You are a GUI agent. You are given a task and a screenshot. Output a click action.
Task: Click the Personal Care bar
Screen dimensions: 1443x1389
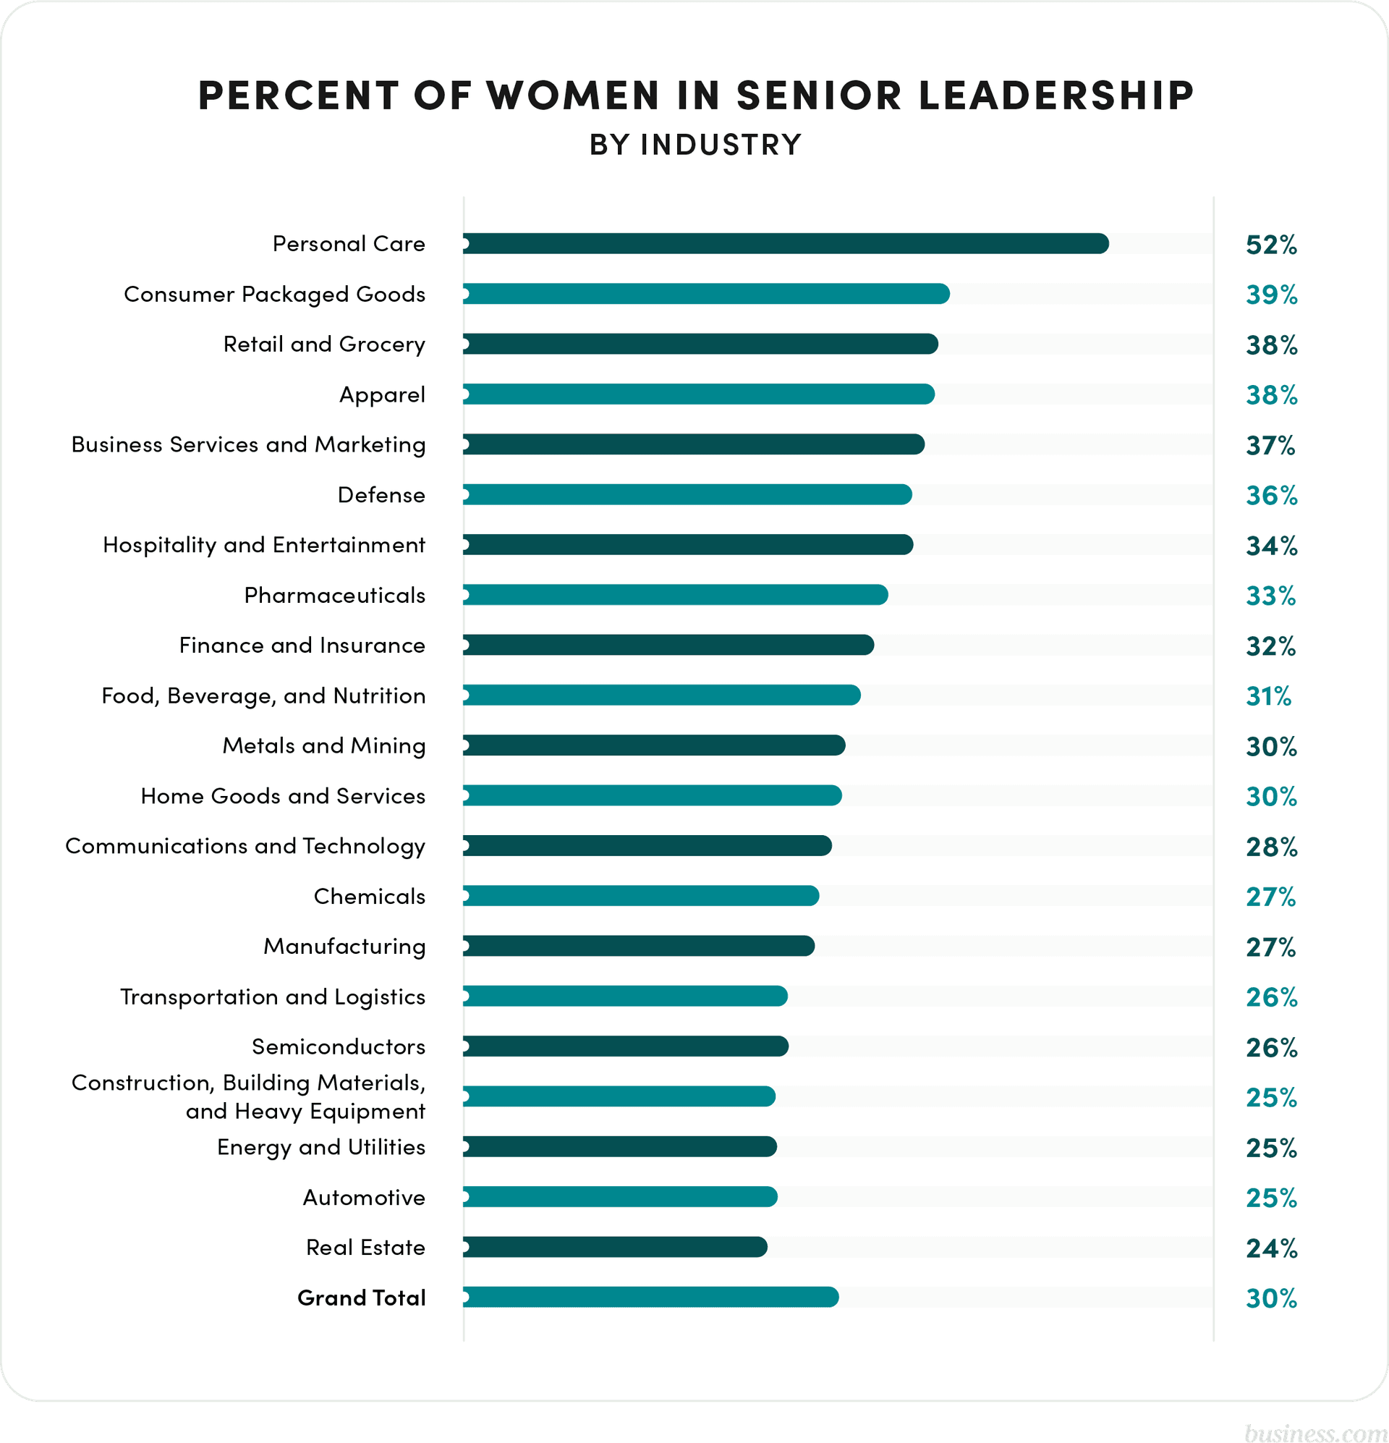786,244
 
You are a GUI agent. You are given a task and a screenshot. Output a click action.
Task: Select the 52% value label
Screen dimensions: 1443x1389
1271,245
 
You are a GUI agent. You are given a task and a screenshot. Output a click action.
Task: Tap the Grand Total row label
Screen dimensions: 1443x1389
362,1298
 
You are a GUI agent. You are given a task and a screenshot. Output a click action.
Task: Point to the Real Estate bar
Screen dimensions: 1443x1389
616,1247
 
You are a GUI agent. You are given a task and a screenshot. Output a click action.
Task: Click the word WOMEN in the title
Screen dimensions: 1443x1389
573,96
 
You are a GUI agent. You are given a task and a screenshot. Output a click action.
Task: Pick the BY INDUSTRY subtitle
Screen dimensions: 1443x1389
695,145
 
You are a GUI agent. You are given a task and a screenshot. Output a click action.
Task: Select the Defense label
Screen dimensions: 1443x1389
381,495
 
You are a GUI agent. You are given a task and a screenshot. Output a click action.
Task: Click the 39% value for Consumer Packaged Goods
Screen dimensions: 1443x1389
1271,295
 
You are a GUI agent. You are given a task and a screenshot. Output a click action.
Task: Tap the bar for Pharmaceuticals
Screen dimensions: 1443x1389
675,595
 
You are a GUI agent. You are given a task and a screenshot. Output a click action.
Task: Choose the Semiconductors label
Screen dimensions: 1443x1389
339,1047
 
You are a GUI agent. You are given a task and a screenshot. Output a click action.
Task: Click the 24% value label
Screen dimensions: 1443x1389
1271,1248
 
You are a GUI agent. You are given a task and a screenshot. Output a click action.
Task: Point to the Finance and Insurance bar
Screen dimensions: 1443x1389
668,645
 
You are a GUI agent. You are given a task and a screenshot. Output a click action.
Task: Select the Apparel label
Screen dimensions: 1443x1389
382,395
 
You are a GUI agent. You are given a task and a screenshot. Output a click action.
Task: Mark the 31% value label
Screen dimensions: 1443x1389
1268,696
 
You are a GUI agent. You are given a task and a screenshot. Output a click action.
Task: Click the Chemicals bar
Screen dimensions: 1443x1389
640,896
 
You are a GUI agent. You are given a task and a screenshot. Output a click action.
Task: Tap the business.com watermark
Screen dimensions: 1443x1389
1314,1432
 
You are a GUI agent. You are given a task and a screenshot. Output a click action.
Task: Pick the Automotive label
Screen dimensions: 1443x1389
364,1198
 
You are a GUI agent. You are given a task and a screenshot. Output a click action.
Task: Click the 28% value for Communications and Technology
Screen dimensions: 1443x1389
1271,847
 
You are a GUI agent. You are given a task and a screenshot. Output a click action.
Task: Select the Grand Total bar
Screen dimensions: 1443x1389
650,1298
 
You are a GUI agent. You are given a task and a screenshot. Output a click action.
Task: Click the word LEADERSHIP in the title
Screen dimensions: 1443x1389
1056,96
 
